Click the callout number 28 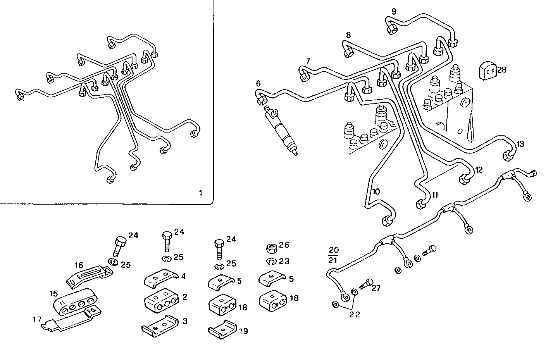[x=501, y=70]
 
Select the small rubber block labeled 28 [x=487, y=71]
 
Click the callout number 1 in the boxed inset [x=200, y=193]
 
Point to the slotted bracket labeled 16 [x=90, y=276]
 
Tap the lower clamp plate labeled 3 [x=160, y=325]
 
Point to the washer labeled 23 [x=271, y=261]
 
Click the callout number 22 [x=355, y=315]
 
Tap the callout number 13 [x=520, y=144]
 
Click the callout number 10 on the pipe [x=376, y=191]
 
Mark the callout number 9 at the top [x=394, y=12]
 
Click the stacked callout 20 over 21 [x=333, y=255]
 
